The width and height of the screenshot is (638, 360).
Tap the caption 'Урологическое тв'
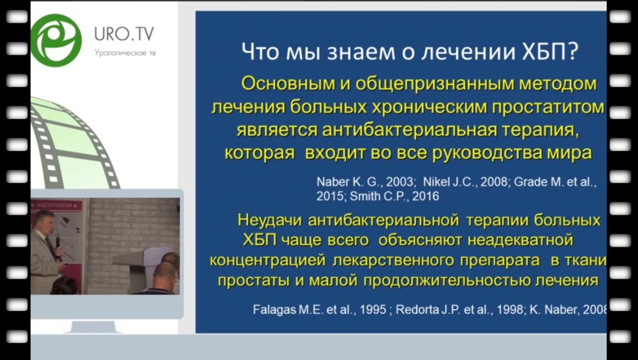124,52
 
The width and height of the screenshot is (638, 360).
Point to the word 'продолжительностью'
444,280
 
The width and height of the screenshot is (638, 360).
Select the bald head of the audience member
164,273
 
